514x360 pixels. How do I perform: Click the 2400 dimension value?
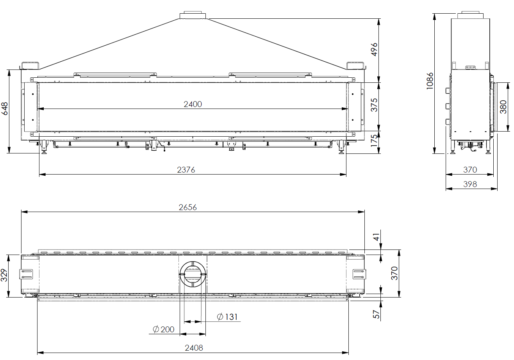193,104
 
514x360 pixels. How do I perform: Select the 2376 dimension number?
186,170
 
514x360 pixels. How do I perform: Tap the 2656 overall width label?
187,207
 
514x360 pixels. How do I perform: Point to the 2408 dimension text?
194,348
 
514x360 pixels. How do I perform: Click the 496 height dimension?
374,49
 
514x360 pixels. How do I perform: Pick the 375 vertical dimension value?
374,105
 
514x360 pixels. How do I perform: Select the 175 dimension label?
374,141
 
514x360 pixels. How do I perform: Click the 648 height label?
4,109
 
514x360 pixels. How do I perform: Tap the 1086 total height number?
430,81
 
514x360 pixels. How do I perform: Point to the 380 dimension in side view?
503,107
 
